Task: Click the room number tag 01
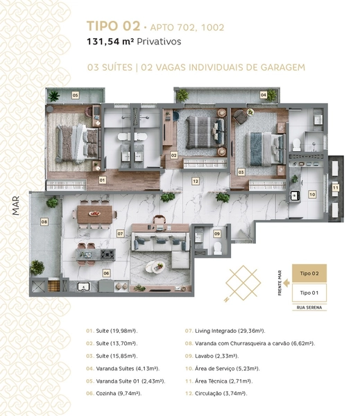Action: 102,180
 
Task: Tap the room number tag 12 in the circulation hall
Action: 196,181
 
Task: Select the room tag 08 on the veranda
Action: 44,222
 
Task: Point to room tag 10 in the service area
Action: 312,194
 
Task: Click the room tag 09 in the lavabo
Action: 217,234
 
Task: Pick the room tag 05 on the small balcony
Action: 76,95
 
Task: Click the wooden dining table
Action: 95,214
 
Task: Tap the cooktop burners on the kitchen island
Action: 108,254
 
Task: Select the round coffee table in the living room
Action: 155,266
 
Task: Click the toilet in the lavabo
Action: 217,248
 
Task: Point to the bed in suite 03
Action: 265,149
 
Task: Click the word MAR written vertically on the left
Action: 16,206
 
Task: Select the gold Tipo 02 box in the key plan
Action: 309,273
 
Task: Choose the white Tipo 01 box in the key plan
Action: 309,293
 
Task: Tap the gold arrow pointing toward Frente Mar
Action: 286,283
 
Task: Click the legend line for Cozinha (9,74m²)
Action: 114,393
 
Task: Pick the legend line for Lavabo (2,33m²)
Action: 212,356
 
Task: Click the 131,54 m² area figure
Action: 110,42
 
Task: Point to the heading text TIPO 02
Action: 113,26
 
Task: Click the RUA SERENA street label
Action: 309,307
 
